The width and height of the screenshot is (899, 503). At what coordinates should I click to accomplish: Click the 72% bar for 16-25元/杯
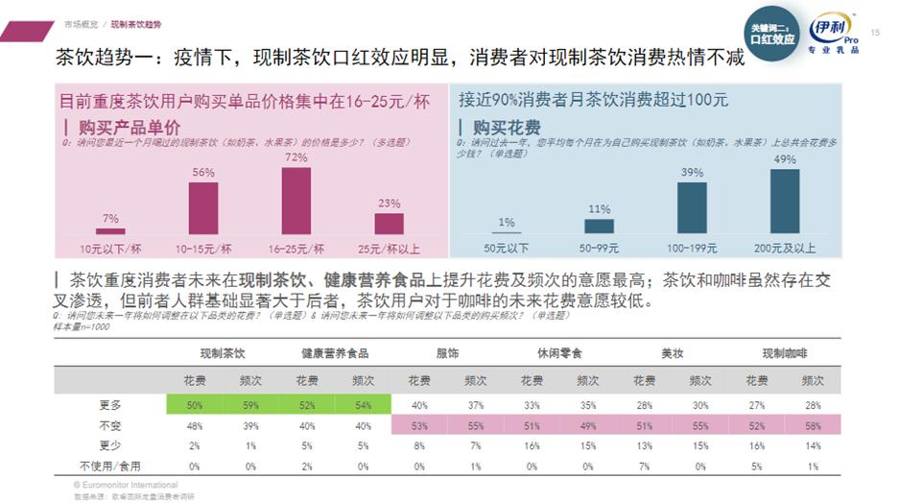(296, 201)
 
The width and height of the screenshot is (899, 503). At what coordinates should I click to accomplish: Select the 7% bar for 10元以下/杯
(110, 230)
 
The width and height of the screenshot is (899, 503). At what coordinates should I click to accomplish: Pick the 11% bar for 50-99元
(599, 226)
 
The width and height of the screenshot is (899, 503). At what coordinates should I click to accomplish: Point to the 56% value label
(202, 172)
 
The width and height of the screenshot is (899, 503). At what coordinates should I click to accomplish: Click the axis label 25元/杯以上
(389, 248)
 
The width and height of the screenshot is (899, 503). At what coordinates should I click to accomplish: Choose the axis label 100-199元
(692, 248)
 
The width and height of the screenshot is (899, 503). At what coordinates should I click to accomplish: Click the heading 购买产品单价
(123, 127)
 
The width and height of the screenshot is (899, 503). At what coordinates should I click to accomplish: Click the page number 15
(874, 33)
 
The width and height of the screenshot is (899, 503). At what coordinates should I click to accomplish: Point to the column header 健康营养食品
(334, 353)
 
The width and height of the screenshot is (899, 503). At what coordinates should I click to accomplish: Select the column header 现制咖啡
(784, 353)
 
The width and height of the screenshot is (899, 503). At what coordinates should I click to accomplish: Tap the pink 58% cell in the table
(813, 424)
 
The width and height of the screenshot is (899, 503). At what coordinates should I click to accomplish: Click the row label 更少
(111, 445)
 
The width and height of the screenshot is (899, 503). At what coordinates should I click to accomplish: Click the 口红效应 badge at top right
(771, 36)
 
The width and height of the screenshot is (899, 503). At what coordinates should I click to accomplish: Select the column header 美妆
(672, 353)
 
